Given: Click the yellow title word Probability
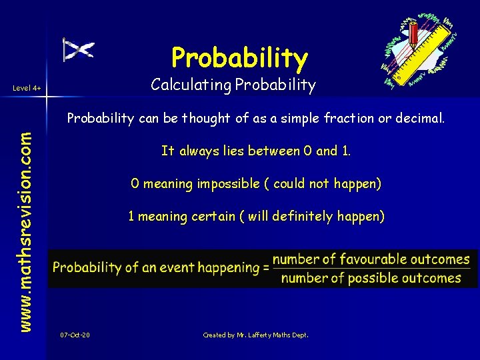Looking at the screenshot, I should click(x=239, y=58).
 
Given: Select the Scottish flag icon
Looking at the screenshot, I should click(x=78, y=49).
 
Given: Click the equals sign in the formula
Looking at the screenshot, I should click(x=265, y=268).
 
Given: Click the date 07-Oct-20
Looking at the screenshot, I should click(x=75, y=335).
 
